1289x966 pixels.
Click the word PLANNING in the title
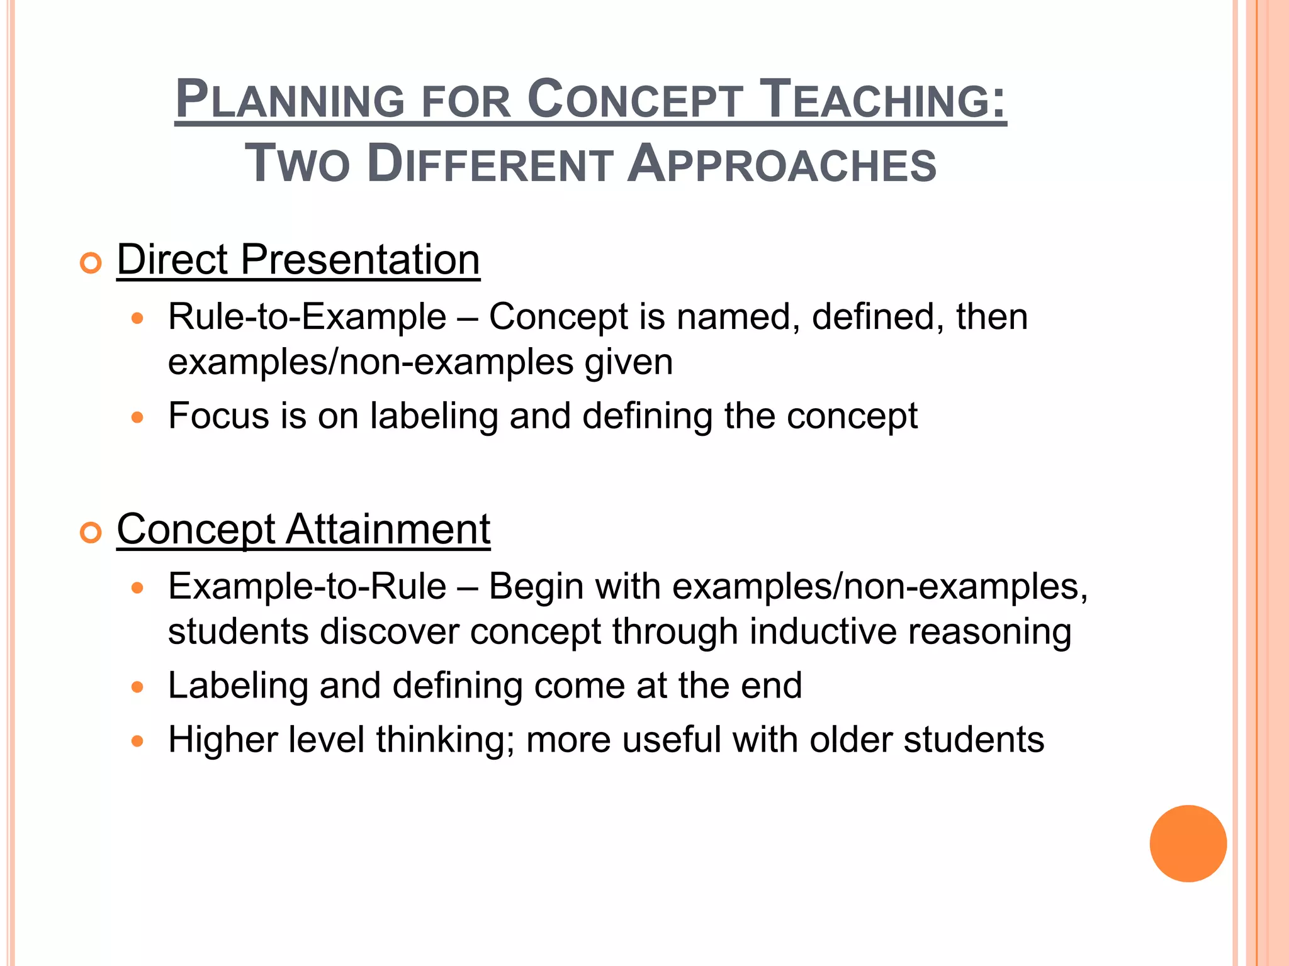tap(290, 99)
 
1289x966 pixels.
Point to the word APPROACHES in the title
tap(782, 164)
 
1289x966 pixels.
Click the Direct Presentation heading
tap(298, 259)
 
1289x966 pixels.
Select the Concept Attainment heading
tap(303, 529)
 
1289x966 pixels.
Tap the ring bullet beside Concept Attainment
tap(91, 533)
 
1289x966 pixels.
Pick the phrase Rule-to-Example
tap(307, 316)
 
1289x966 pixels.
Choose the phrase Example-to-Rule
tap(307, 586)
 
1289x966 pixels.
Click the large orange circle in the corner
tap(1188, 843)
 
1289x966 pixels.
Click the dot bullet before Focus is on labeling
tap(138, 417)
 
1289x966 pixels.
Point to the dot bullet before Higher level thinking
tap(138, 741)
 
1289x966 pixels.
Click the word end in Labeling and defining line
tap(771, 686)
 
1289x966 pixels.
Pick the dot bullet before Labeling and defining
tap(138, 687)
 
